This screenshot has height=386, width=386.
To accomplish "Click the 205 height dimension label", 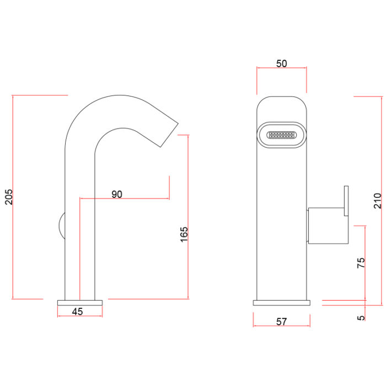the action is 9,197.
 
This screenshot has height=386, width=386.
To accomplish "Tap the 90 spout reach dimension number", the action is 117,194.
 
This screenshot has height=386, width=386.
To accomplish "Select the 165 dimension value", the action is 184,234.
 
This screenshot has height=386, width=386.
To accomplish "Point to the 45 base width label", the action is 77,312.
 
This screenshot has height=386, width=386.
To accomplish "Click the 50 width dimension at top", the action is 281,63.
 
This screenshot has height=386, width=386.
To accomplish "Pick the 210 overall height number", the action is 377,201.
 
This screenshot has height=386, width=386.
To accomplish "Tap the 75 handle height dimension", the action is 361,263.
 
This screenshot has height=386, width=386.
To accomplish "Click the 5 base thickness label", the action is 361,318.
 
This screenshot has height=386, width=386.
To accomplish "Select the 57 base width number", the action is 281,321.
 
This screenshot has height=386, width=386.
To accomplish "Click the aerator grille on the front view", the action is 282,135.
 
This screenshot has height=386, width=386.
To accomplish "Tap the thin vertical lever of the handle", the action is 346,201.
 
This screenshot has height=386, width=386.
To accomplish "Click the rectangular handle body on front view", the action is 328,226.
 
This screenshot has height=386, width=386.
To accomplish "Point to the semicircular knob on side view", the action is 62,226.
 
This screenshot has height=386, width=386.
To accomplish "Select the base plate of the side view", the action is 80,303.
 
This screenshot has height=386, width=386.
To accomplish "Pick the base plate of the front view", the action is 282,303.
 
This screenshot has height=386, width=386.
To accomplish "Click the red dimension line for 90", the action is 125,198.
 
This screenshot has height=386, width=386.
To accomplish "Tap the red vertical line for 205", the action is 12,197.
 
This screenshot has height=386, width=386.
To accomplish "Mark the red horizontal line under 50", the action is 282,68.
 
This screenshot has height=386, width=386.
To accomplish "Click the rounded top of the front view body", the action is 282,101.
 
